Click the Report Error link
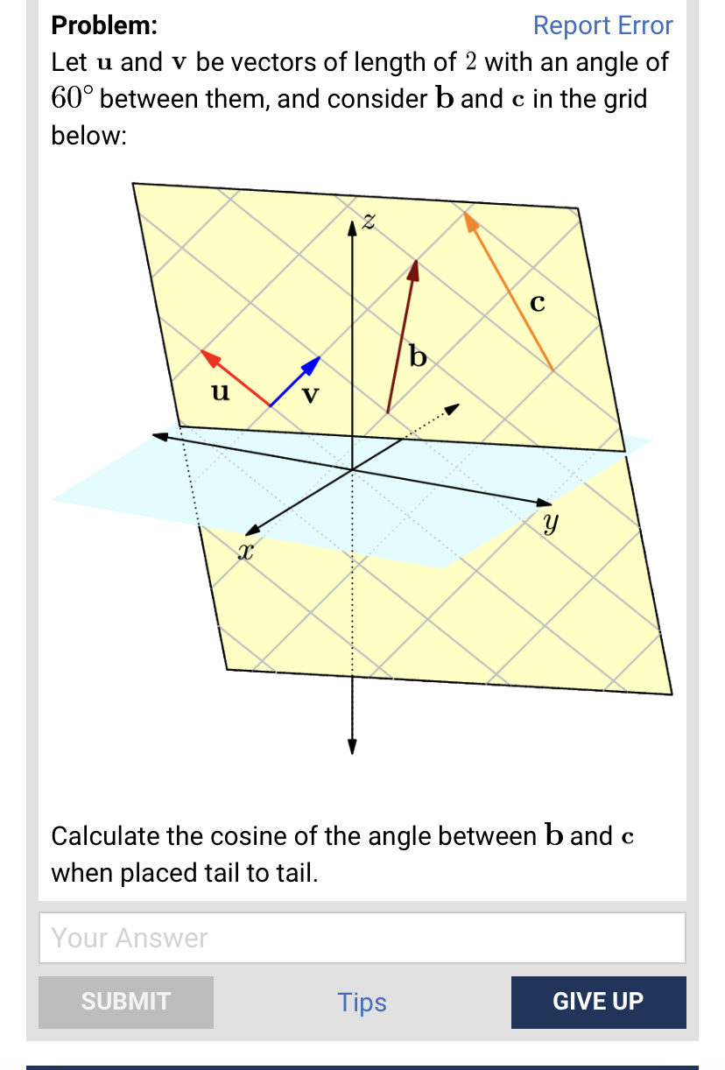coord(602,25)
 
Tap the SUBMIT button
coord(126,1002)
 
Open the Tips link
coord(362,1002)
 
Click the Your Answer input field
coord(362,938)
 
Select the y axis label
coord(549,524)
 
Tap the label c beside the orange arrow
coord(538,303)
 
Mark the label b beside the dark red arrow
coord(419,356)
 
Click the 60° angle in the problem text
coord(71,98)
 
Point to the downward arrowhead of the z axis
coord(352,747)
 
